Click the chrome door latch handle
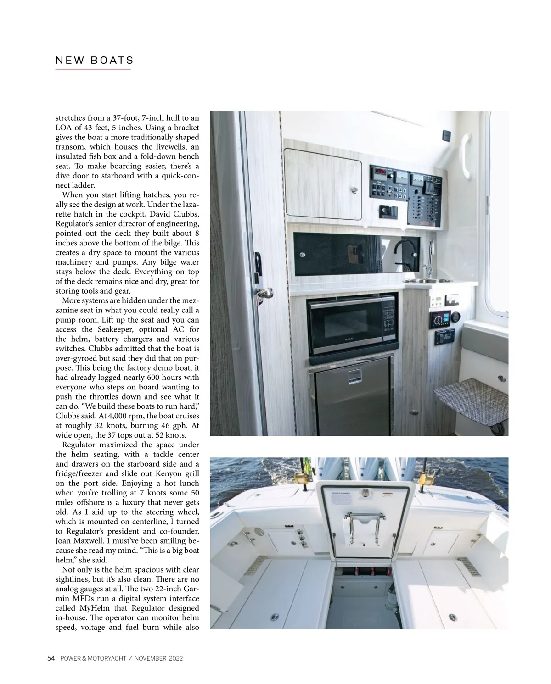point(265,294)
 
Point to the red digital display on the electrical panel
point(379,172)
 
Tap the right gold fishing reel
point(424,478)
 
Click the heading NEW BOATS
point(94,60)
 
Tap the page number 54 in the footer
point(51,658)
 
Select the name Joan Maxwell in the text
point(82,541)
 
